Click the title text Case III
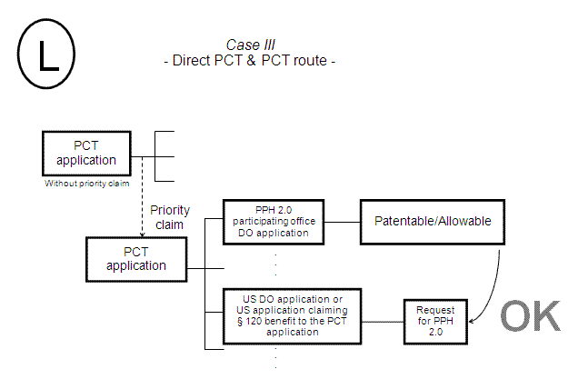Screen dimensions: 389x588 [251, 45]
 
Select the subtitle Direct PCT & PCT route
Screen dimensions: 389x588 [250, 61]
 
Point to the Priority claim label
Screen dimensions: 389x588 [170, 216]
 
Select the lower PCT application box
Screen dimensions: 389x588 [135, 259]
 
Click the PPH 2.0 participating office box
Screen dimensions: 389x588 [274, 221]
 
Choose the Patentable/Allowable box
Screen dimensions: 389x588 [432, 221]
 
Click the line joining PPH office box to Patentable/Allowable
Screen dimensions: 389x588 [343, 221]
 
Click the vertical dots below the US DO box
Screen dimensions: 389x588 [275, 359]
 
